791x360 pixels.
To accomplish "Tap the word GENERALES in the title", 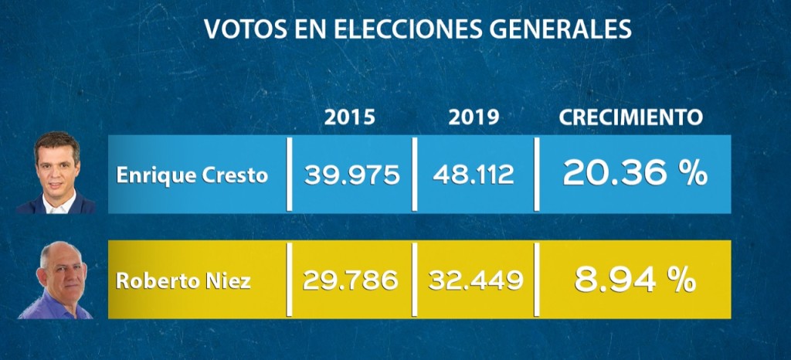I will click(562, 29).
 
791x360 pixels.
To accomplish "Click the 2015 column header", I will click(350, 117).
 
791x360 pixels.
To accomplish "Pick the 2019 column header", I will click(474, 117).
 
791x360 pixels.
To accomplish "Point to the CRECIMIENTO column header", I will click(630, 117).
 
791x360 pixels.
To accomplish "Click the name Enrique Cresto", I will click(192, 175).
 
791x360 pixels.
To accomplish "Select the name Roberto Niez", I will click(183, 280).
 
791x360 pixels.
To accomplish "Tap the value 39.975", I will click(351, 175).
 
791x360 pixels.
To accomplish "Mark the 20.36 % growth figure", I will click(634, 174).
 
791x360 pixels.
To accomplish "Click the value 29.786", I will click(350, 280).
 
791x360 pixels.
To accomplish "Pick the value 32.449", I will click(474, 280).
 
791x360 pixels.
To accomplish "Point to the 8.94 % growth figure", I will click(634, 279).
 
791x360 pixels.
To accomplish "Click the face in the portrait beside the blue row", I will click(56, 166).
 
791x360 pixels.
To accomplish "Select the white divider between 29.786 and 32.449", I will click(415, 279).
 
